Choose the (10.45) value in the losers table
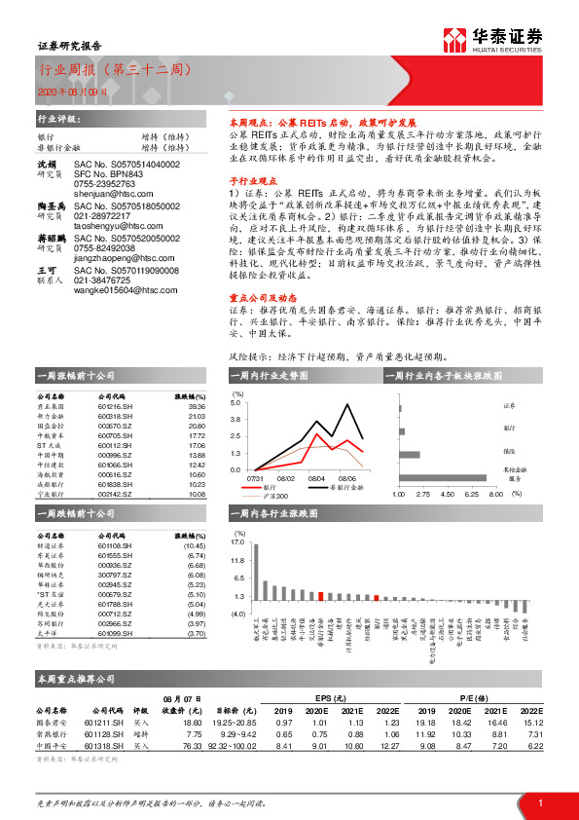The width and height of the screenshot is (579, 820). pos(195,547)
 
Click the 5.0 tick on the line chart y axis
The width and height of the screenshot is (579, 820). pos(235,402)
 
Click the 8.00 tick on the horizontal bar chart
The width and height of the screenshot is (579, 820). pos(494,495)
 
